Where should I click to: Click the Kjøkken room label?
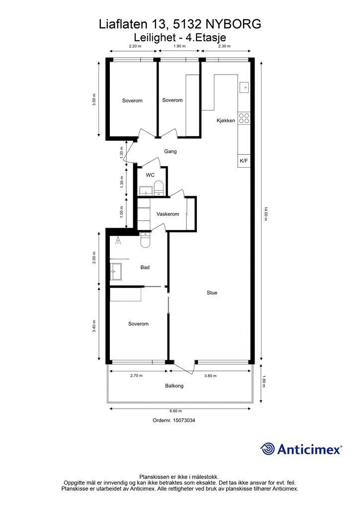(226, 120)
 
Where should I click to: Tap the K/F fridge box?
(244, 161)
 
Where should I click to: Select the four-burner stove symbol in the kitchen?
(244, 118)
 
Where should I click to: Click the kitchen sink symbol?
(244, 87)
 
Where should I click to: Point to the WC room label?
(150, 175)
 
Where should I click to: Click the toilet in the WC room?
(159, 188)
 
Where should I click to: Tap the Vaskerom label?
(168, 214)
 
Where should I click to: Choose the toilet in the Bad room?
(145, 240)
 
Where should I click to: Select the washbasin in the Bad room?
(116, 271)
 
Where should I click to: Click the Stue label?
(212, 292)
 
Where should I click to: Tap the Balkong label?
(175, 386)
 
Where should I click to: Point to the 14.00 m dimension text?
(265, 214)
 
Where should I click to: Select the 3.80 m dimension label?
(210, 376)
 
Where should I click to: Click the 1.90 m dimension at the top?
(179, 46)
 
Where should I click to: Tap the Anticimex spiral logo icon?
(267, 449)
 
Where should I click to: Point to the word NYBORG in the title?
(233, 24)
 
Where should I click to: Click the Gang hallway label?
(171, 151)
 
